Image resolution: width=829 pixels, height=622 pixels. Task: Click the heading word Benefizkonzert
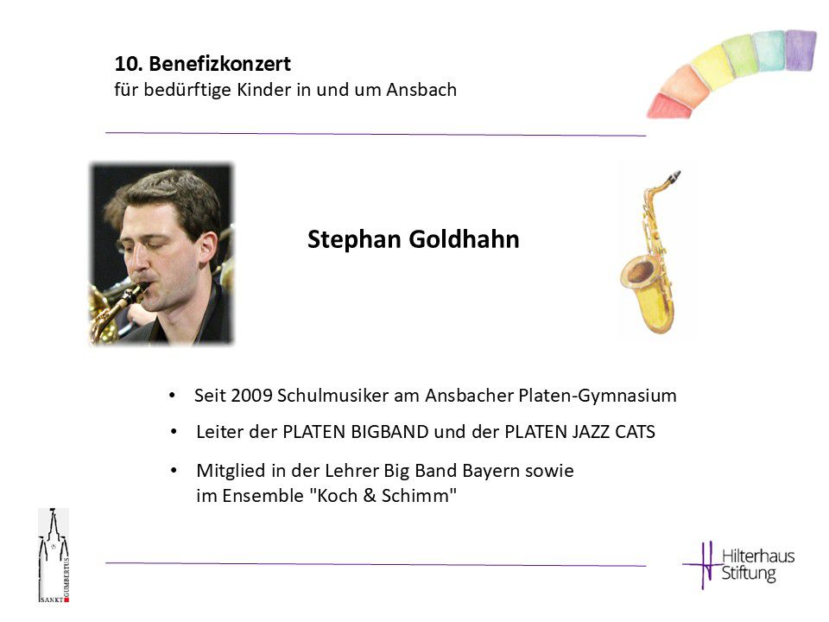pos(219,63)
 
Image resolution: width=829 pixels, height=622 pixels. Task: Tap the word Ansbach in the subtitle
pos(421,89)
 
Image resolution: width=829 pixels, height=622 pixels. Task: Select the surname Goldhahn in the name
pos(465,239)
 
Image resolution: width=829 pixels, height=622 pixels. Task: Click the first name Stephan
pos(354,239)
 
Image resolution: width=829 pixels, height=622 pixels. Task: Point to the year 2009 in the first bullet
pos(251,396)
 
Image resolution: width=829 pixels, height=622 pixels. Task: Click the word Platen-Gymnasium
pos(598,397)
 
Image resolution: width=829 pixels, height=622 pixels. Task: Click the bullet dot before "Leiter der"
pos(174,432)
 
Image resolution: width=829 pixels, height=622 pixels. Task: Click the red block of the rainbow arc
pos(670,105)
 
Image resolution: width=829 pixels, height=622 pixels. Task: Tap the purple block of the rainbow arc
pos(801,50)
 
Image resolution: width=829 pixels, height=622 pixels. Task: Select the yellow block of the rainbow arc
pos(712,67)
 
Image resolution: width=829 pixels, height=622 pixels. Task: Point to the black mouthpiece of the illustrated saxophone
pos(674,176)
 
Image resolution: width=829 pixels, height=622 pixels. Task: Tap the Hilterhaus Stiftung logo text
pos(758,564)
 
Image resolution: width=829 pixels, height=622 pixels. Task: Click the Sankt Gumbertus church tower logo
pos(54,555)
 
